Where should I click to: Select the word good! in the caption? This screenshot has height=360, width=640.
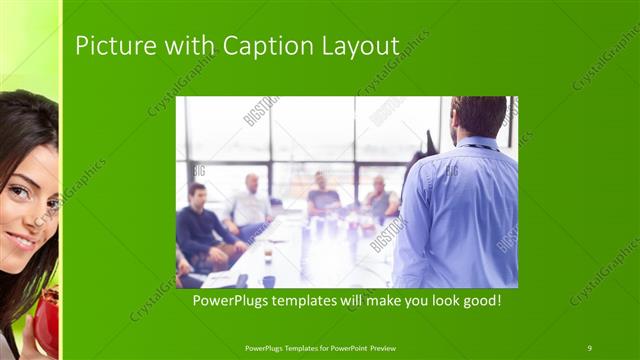[x=480, y=299]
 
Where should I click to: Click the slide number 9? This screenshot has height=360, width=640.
[x=590, y=347]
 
